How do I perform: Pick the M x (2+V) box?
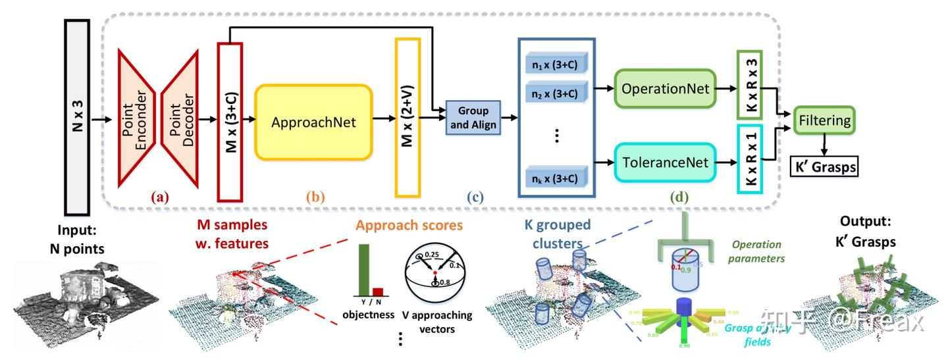click(x=407, y=117)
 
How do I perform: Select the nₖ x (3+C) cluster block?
click(x=556, y=178)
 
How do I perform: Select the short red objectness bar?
click(x=378, y=292)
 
